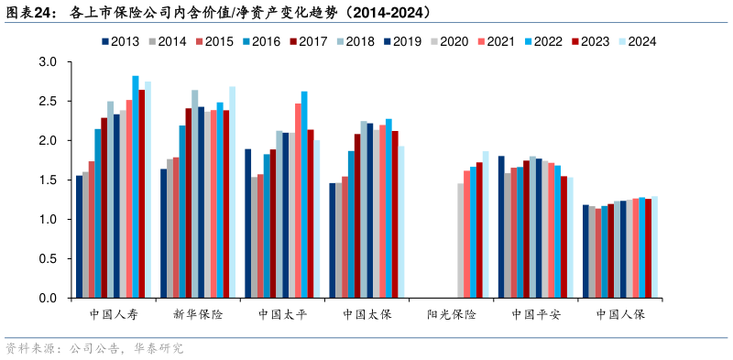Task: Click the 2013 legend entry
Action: pos(121,41)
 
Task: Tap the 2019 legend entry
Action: pos(402,41)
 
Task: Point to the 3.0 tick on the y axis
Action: pos(49,62)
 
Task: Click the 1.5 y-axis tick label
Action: pos(49,180)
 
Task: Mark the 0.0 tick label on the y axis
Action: pos(49,299)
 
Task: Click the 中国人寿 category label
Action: pos(114,314)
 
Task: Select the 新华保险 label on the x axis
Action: pos(198,314)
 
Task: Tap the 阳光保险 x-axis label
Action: pos(452,314)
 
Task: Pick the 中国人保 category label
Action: pos(620,314)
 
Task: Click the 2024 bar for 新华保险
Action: pos(233,192)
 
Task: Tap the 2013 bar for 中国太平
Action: pos(248,224)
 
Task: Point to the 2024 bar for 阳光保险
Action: pos(486,225)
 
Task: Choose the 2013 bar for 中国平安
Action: pos(501,227)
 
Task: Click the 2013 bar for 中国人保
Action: pos(585,252)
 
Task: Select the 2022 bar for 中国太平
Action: pos(304,195)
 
